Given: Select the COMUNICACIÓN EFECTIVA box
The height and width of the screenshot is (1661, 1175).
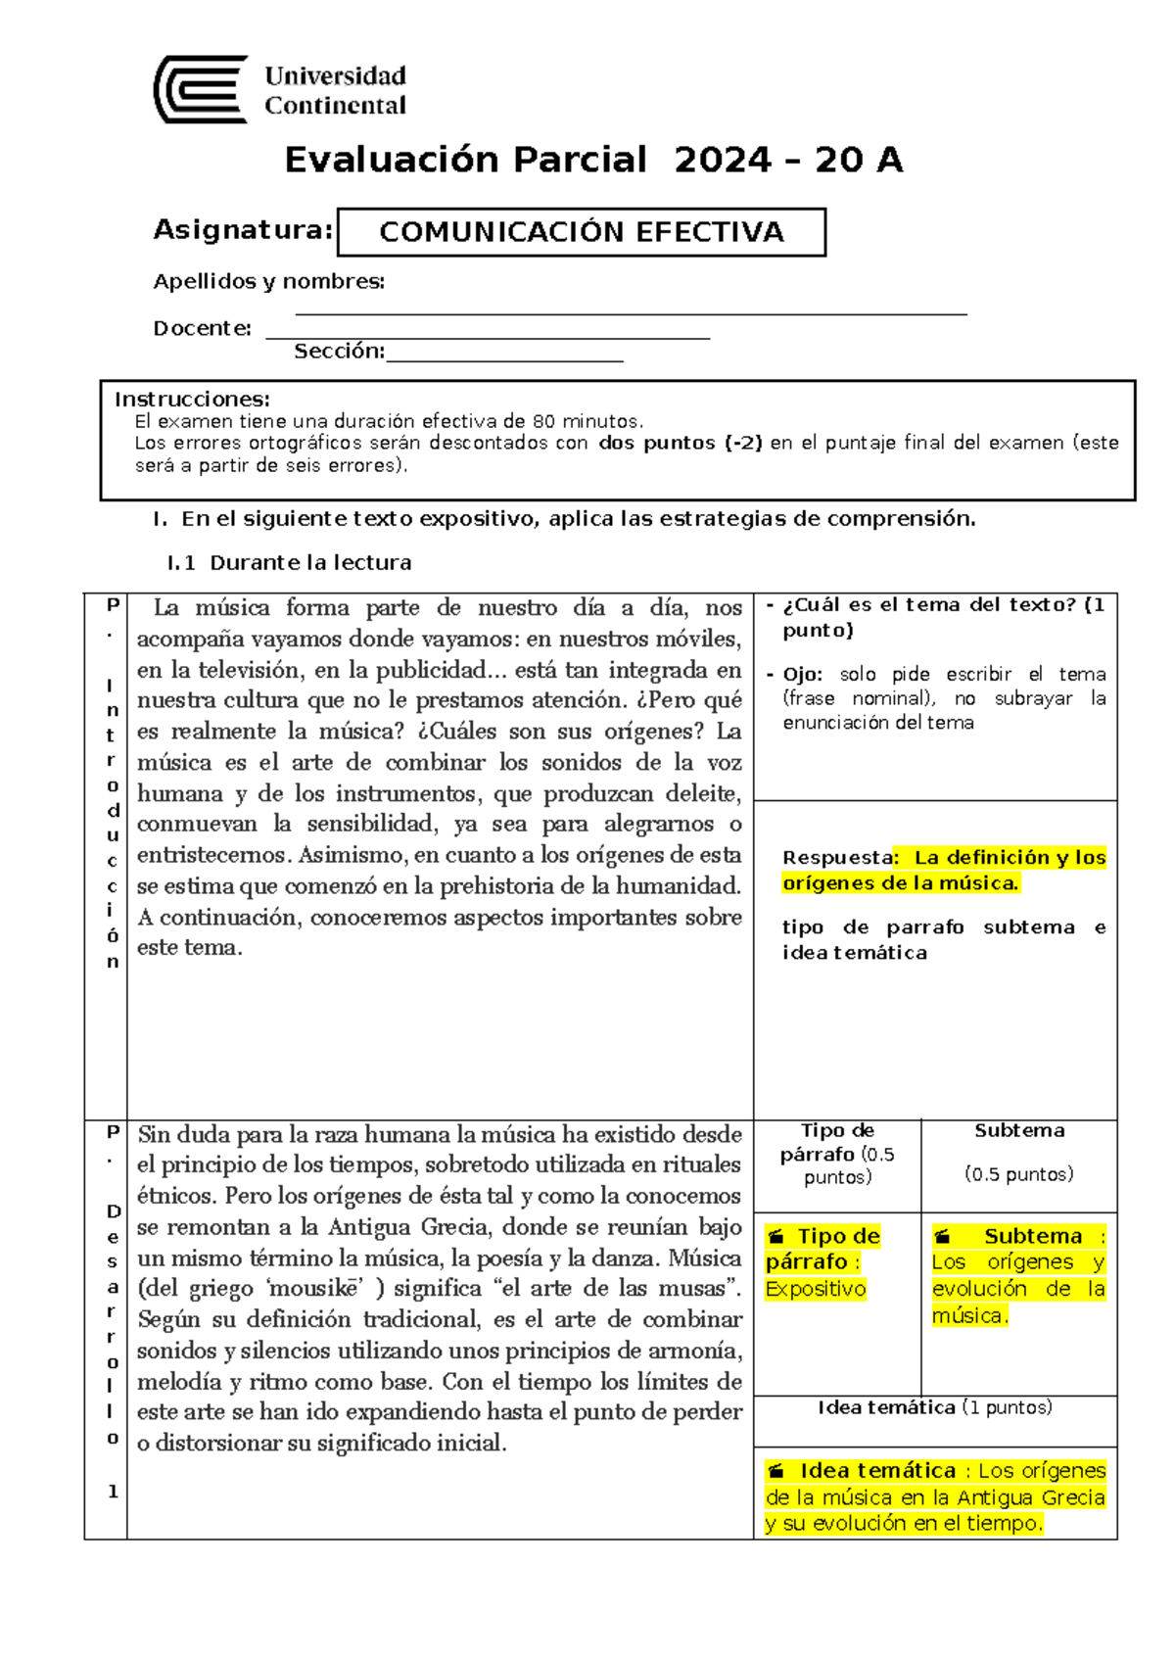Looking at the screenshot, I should pos(581,232).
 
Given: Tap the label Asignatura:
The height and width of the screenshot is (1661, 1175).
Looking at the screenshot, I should pos(243,230).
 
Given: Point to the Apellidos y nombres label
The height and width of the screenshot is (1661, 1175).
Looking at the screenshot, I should pos(268,282).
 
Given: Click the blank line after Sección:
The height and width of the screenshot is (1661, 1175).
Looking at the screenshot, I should pos(504,357).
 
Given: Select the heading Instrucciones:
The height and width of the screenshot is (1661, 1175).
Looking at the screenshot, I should pos(192,400).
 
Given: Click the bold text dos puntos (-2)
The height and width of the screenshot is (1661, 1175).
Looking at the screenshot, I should pos(681,443).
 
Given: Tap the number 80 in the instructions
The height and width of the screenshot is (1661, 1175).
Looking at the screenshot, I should pos(543,422).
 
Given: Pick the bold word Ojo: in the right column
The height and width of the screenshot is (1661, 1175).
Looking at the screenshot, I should pos(803,675).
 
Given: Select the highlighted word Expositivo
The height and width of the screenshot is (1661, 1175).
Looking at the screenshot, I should pos(816,1289).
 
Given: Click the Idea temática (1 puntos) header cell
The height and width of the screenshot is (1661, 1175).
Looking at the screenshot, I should pos(934,1408).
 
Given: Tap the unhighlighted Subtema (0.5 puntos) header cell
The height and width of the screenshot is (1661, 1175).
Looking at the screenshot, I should pos(1018,1152).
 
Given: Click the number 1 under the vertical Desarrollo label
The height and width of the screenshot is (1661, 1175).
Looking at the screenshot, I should pos(113,1492).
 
